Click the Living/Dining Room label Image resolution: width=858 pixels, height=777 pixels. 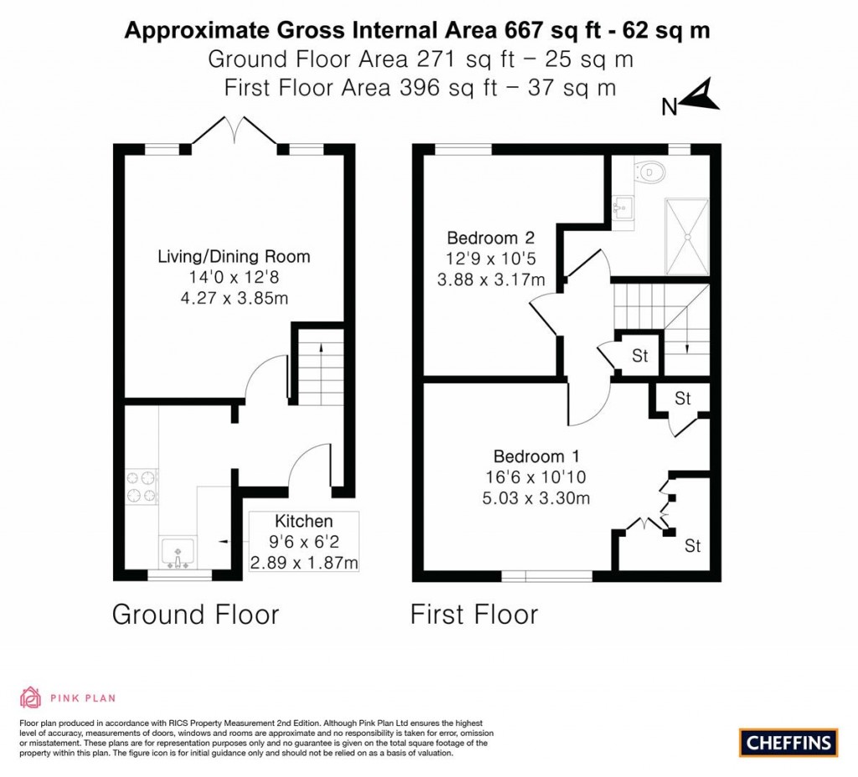[234, 257]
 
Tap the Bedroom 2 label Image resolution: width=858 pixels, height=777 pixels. [490, 236]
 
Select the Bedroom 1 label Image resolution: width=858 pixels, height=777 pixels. [536, 456]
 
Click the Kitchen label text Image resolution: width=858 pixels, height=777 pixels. [303, 522]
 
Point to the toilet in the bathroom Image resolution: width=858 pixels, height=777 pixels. [653, 172]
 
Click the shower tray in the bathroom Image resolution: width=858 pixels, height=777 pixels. [687, 236]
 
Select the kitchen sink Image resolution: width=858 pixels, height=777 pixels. [177, 553]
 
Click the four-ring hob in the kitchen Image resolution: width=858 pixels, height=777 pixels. [142, 487]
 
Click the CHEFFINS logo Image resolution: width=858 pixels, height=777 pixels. [788, 741]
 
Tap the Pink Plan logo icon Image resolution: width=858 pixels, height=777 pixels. [30, 697]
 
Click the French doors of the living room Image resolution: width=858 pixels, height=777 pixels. [235, 134]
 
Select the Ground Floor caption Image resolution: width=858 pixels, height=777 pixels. [195, 615]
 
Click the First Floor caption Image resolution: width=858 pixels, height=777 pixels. [473, 615]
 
